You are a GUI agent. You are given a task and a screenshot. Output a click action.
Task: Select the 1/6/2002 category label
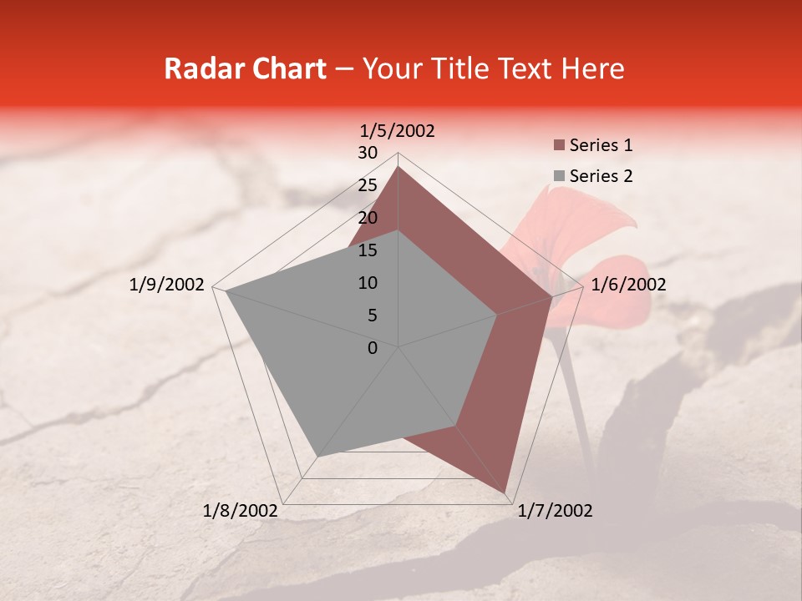(x=628, y=285)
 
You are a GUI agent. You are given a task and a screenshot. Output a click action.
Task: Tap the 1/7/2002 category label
(x=555, y=511)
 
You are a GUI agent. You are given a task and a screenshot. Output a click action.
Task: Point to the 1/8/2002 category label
(x=241, y=511)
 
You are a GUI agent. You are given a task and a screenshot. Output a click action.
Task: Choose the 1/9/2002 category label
(x=167, y=285)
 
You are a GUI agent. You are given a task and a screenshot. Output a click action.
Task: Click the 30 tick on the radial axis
(x=368, y=153)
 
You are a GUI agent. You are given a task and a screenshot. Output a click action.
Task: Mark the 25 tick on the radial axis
(x=368, y=185)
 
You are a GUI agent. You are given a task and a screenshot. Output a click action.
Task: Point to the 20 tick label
(x=368, y=218)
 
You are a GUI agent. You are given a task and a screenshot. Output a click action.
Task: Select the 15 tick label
(x=368, y=250)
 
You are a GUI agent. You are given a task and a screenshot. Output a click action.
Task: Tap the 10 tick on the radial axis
(x=368, y=283)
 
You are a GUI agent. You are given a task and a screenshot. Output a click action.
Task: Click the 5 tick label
(x=373, y=316)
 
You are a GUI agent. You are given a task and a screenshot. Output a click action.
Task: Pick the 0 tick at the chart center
(x=373, y=348)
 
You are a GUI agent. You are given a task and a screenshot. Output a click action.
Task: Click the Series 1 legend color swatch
(x=559, y=146)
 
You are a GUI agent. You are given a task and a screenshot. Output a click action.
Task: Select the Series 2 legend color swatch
(x=559, y=176)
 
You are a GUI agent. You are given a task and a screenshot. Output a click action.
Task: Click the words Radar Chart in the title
(x=245, y=68)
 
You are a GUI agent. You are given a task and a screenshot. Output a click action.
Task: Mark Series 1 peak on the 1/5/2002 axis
(x=398, y=165)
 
